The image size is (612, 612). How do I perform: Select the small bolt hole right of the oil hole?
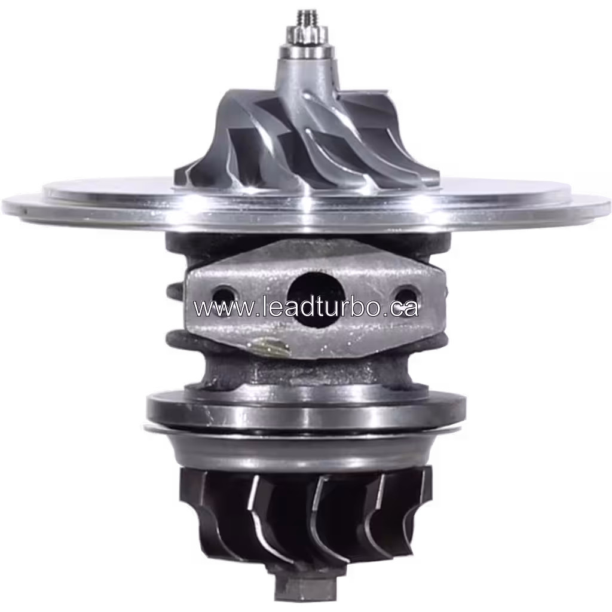[404, 294]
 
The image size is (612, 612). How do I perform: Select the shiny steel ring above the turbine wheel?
[305, 409]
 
